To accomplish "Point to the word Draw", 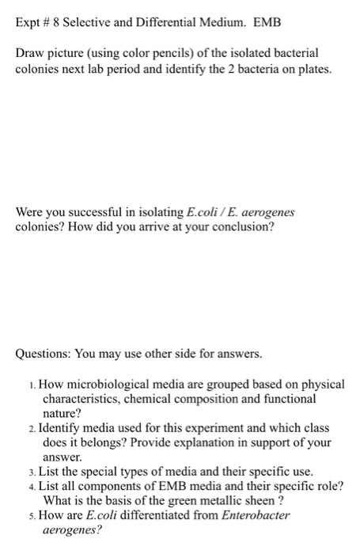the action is (x=31, y=52).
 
